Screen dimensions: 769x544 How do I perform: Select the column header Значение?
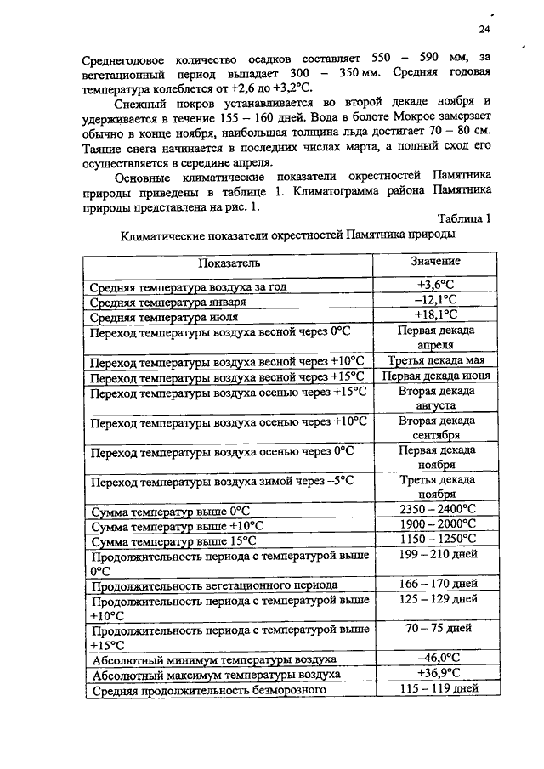point(435,262)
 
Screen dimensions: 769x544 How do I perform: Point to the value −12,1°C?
point(436,301)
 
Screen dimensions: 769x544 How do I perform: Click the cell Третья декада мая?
point(436,360)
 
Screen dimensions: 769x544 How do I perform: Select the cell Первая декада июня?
point(436,376)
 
